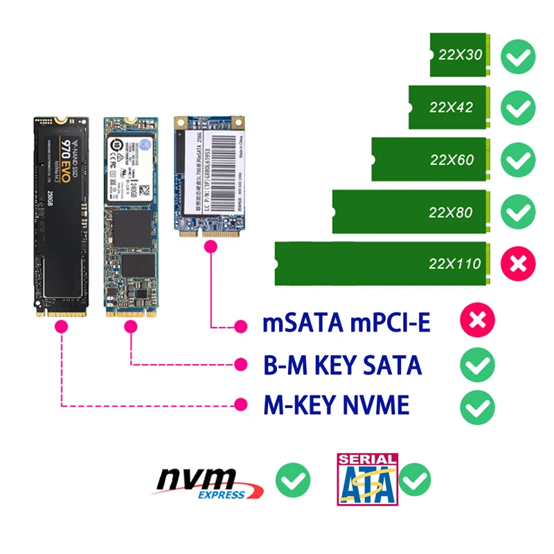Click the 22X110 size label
tap(454, 264)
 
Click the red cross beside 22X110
tap(517, 264)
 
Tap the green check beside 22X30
tap(517, 56)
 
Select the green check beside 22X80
tap(517, 211)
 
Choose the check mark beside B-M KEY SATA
tap(477, 364)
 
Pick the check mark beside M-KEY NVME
tap(477, 406)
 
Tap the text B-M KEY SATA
tap(342, 365)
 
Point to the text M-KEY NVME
tap(336, 406)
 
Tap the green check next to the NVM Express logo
tap(292, 480)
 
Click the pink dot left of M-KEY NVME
tap(241, 404)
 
